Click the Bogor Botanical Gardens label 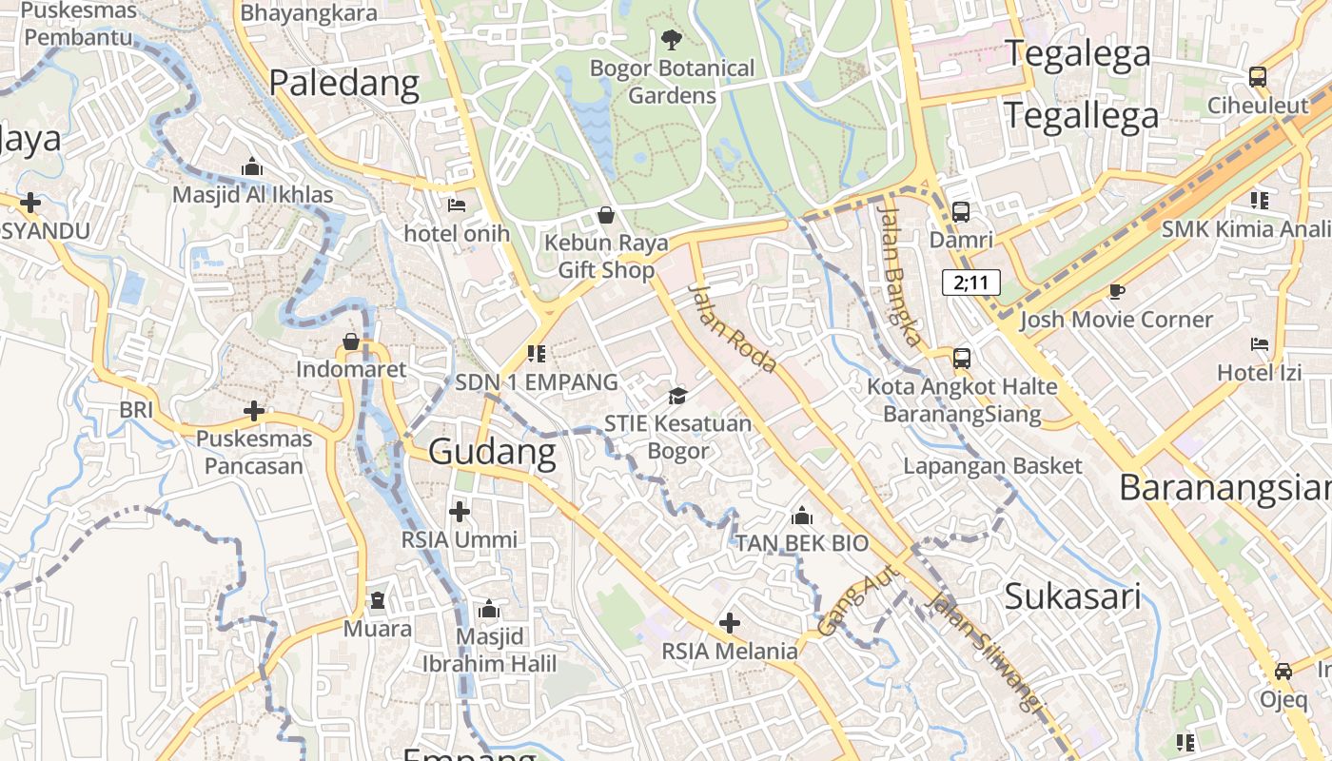point(672,82)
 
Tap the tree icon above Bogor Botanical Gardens point(672,39)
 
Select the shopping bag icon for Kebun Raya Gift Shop point(606,215)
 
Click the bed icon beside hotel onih point(457,205)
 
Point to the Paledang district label point(343,84)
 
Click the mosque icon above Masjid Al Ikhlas point(252,167)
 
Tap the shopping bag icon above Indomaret point(351,341)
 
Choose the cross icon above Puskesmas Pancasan point(254,411)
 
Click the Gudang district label point(492,452)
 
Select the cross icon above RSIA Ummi point(460,512)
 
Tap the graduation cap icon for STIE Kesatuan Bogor point(677,395)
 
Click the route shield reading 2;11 point(971,282)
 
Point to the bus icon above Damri point(961,212)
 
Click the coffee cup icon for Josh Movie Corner point(1116,291)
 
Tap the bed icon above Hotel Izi point(1260,343)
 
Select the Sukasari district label point(1072,596)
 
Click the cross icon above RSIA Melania point(730,623)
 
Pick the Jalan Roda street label point(733,327)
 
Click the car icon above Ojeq point(1283,671)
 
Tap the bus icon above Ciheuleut point(1258,76)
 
